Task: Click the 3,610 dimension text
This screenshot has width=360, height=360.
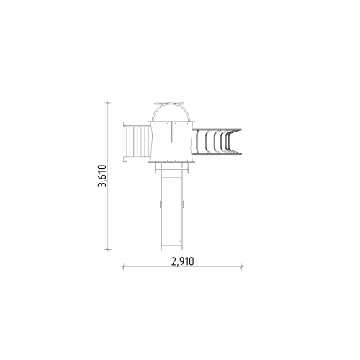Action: (102, 176)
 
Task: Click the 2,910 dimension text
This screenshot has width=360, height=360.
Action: (183, 261)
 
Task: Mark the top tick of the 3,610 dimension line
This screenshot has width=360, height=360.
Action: (107, 103)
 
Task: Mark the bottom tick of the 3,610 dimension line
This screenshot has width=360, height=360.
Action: (107, 249)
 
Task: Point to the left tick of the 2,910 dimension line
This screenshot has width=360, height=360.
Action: (124, 266)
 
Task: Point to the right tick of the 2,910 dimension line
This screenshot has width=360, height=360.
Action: (242, 266)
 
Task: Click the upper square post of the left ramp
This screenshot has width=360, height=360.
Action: (125, 124)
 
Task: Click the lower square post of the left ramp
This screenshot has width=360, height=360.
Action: (125, 159)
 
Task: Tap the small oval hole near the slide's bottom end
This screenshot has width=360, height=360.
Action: (180, 240)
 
